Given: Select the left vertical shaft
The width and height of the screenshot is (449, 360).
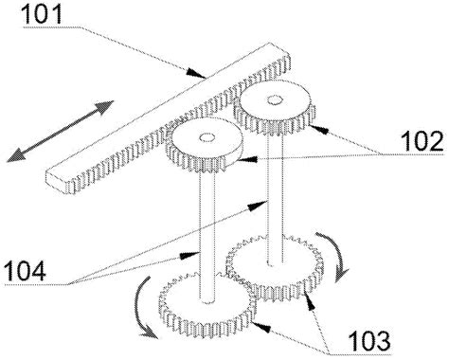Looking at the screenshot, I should pyautogui.click(x=205, y=227).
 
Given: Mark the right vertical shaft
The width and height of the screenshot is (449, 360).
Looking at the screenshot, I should pyautogui.click(x=274, y=189).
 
